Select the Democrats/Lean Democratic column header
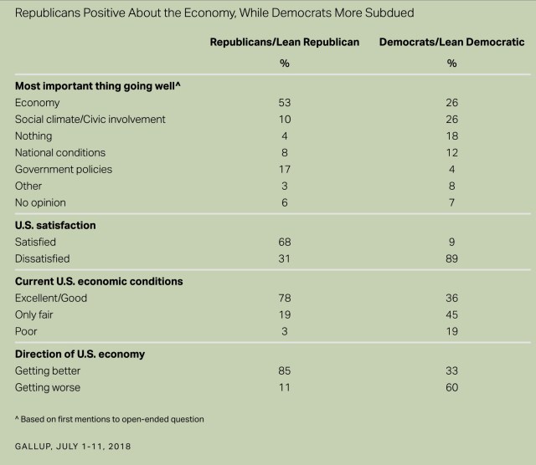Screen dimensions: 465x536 coord(451,42)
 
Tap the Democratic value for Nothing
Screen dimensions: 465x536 coord(451,136)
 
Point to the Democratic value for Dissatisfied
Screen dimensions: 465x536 coord(451,259)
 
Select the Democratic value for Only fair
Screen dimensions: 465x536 coord(451,315)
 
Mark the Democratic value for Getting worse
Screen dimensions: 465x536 coord(451,388)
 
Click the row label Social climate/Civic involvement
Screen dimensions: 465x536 coord(90,120)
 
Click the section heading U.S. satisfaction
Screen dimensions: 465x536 coord(55,226)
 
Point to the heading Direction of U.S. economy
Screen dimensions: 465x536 coord(80,355)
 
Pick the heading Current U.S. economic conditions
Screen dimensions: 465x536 coord(98,282)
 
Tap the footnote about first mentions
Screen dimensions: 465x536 coord(110,418)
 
